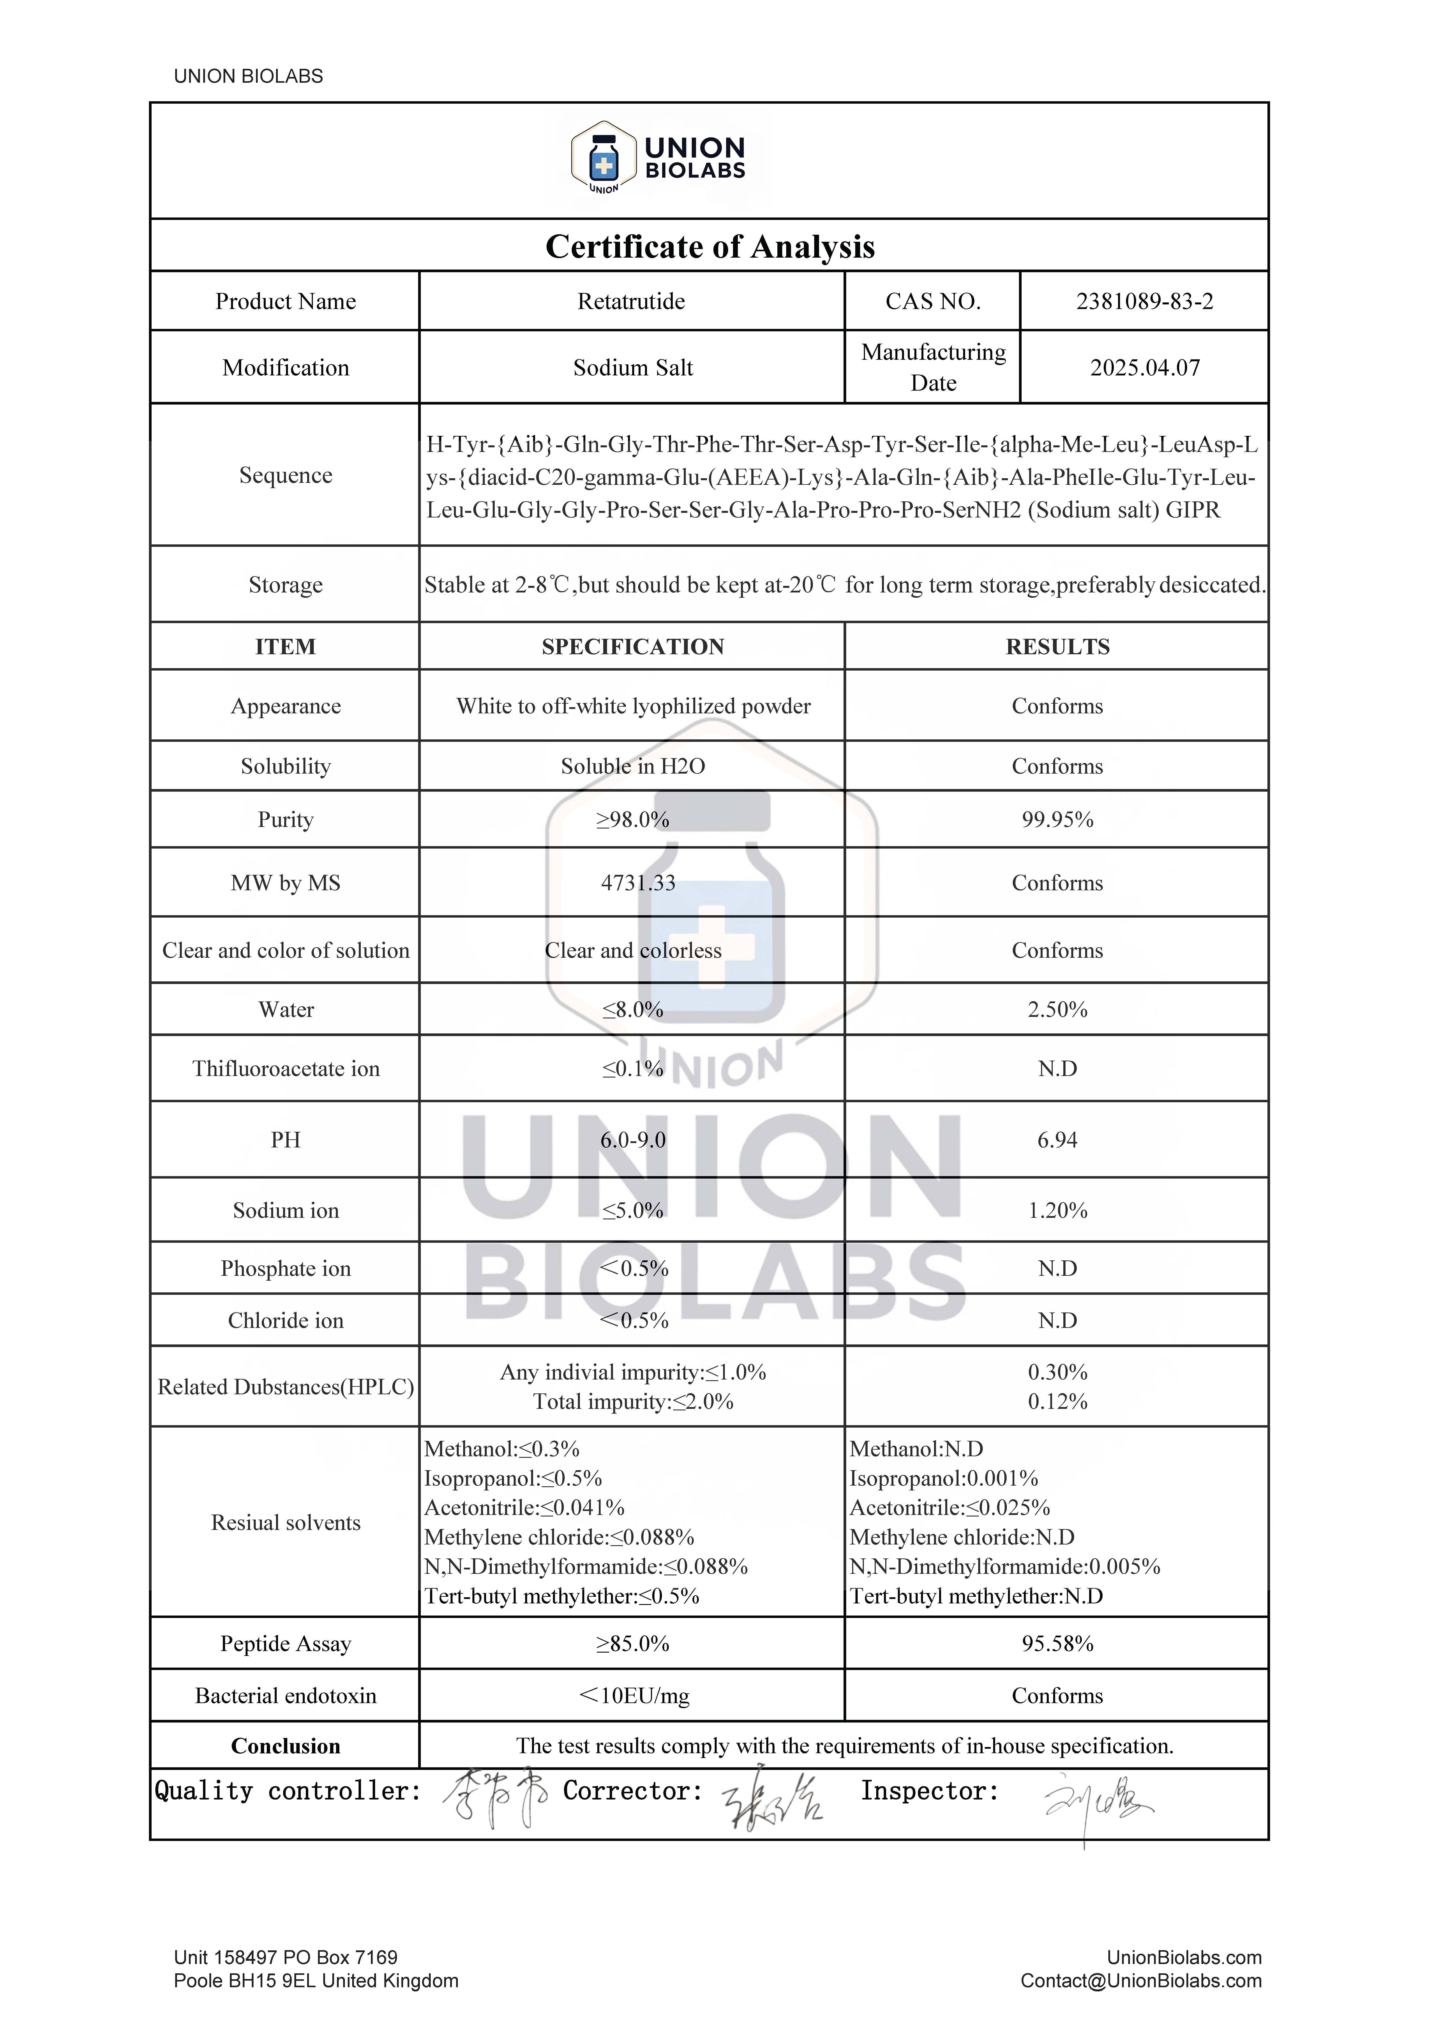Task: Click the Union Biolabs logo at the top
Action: (659, 159)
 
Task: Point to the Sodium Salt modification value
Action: (632, 368)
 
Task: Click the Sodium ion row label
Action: (286, 1210)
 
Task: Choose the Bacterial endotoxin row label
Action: (286, 1696)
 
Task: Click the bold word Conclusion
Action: (286, 1746)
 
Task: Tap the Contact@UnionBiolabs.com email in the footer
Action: (1141, 1981)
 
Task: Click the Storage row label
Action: (286, 585)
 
